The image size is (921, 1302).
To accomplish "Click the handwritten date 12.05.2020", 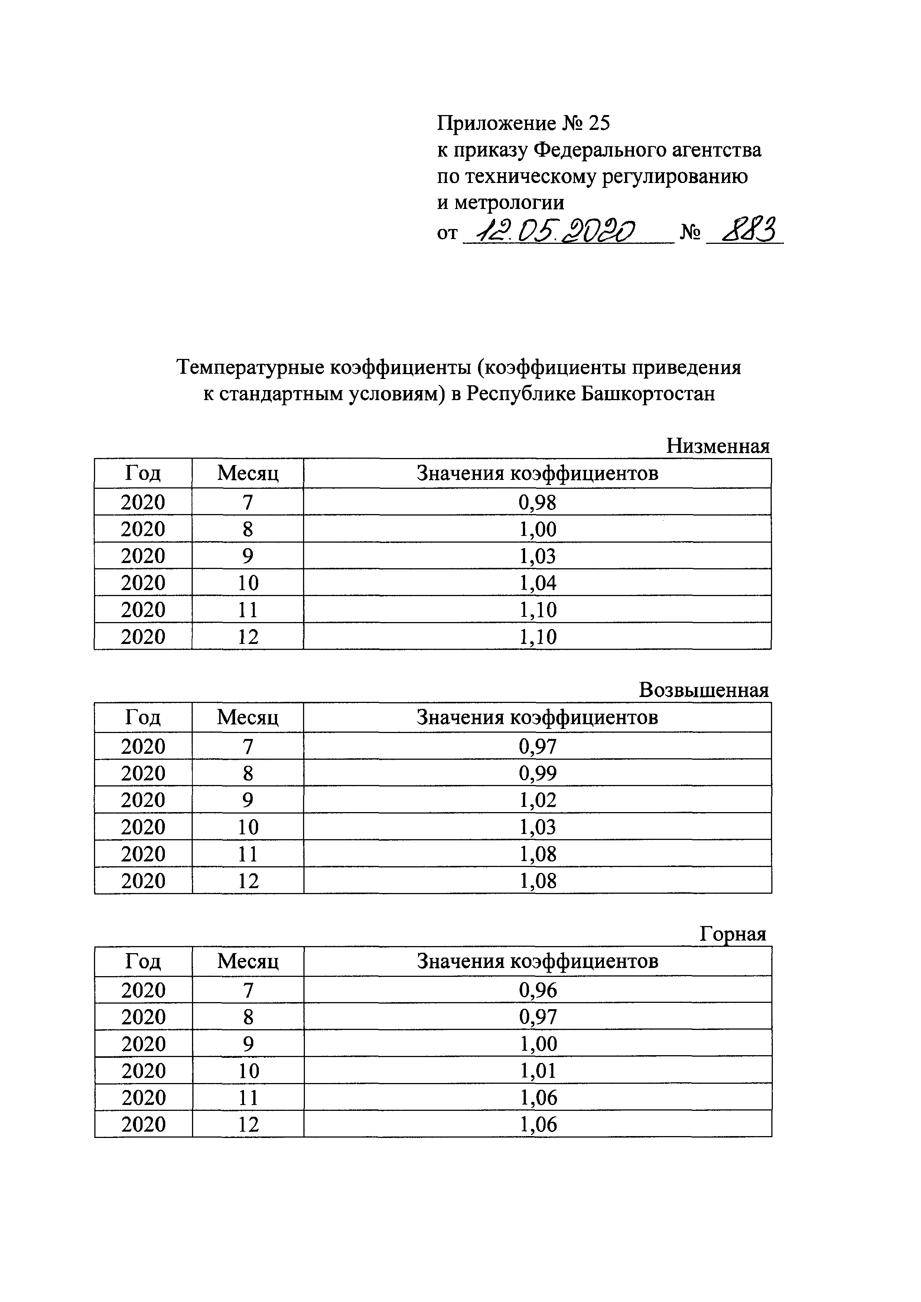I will point(556,231).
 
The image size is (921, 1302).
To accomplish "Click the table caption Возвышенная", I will point(704,690).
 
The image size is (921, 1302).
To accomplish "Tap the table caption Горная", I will point(733,933).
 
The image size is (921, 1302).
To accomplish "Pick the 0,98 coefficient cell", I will point(537,502).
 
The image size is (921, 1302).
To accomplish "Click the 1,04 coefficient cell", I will point(537,582).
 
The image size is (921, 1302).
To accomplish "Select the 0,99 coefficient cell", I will point(537,773).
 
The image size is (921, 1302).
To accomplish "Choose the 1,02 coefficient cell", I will point(537,799).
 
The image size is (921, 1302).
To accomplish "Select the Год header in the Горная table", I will point(143,961).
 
